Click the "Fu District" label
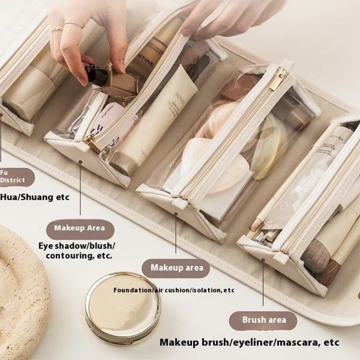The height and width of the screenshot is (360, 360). pyautogui.click(x=13, y=177)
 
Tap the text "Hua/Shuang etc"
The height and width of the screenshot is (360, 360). pyautogui.click(x=35, y=197)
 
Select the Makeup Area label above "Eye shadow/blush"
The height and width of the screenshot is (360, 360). pyautogui.click(x=80, y=228)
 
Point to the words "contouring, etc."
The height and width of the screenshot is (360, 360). pyautogui.click(x=79, y=256)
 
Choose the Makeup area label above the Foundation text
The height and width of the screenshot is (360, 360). pyautogui.click(x=176, y=268)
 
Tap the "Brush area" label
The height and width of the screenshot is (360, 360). pyautogui.click(x=264, y=320)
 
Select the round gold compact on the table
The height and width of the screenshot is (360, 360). pyautogui.click(x=122, y=307)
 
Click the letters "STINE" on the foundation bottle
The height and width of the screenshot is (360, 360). pyautogui.click(x=143, y=61)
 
